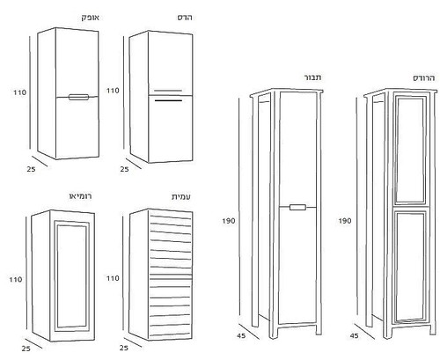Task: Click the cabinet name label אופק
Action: tap(91, 18)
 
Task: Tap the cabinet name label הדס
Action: tap(185, 18)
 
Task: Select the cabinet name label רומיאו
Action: tap(81, 196)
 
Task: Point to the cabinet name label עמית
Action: tap(181, 196)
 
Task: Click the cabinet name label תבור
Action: tap(312, 77)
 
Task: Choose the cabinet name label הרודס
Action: tap(424, 78)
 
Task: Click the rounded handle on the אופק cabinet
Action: tap(78, 97)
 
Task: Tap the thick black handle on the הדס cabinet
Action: tap(168, 100)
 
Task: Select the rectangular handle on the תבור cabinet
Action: tap(297, 207)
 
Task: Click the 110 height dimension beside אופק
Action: tap(20, 92)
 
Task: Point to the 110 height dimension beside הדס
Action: tap(113, 91)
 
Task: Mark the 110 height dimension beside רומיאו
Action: tap(16, 279)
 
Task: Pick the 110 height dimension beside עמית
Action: tap(113, 278)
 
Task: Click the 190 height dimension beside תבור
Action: tap(229, 221)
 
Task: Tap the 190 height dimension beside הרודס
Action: tap(345, 221)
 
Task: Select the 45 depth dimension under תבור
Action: tap(241, 335)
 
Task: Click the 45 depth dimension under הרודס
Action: tap(355, 335)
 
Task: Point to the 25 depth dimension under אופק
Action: tap(31, 169)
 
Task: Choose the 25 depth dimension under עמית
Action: tap(124, 348)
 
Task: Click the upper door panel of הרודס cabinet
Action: tap(410, 149)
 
